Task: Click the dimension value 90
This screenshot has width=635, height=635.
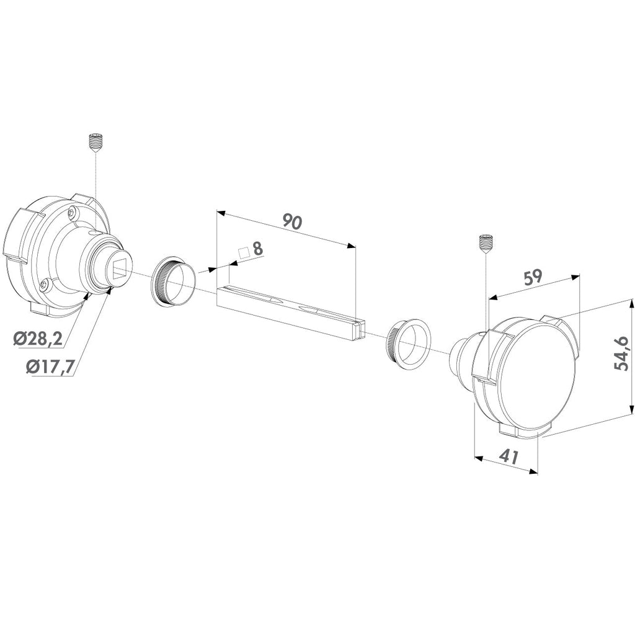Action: [293, 223]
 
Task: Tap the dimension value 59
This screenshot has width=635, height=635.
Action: [533, 278]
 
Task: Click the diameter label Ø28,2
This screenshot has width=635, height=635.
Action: [38, 338]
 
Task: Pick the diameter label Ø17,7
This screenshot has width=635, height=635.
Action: [50, 366]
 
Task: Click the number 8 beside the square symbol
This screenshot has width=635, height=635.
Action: [257, 249]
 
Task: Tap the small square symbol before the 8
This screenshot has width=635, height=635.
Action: [243, 253]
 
